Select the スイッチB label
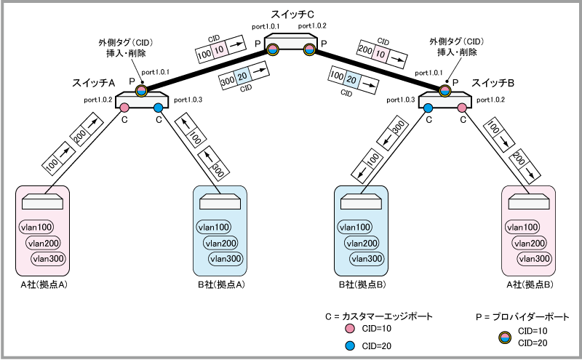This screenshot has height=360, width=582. click(x=493, y=84)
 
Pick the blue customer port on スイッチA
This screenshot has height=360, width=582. click(x=159, y=108)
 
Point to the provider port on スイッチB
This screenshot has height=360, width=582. click(x=445, y=89)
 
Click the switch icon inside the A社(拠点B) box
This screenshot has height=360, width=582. click(x=529, y=201)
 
